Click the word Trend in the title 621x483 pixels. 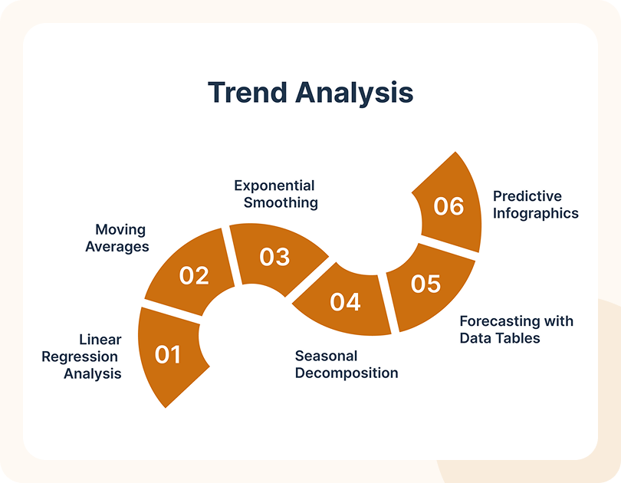[x=247, y=93]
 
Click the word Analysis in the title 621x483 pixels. [x=354, y=94]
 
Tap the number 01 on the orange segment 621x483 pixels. [x=168, y=354]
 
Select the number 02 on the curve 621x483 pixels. [x=194, y=275]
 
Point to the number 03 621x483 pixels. [x=275, y=257]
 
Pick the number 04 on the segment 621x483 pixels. [x=345, y=302]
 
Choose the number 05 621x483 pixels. [x=426, y=284]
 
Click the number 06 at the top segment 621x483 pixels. [x=449, y=206]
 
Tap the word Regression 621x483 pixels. [x=80, y=357]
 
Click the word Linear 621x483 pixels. [x=100, y=340]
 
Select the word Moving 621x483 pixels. [x=120, y=230]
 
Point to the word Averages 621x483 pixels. [x=117, y=247]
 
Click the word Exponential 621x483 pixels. [x=274, y=186]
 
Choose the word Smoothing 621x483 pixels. [x=281, y=202]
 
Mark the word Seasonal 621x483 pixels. [x=327, y=356]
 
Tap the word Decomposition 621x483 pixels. [x=347, y=373]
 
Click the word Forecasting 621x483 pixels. [x=500, y=321]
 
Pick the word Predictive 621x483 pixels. [x=527, y=196]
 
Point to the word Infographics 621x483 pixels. [x=536, y=214]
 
